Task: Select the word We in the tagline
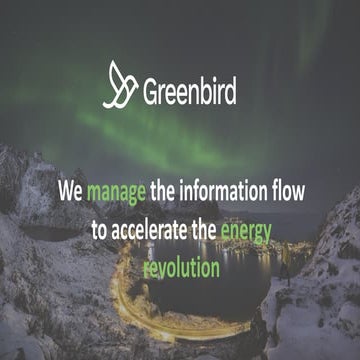[x=69, y=189]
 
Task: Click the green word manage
[x=116, y=190]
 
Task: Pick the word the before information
[x=169, y=189]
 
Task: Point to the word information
[x=227, y=189]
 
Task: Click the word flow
[x=287, y=189]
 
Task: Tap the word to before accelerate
[x=98, y=229]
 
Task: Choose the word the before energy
[x=204, y=229]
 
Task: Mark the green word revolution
[x=181, y=269]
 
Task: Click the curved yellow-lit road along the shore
[x=125, y=300]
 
